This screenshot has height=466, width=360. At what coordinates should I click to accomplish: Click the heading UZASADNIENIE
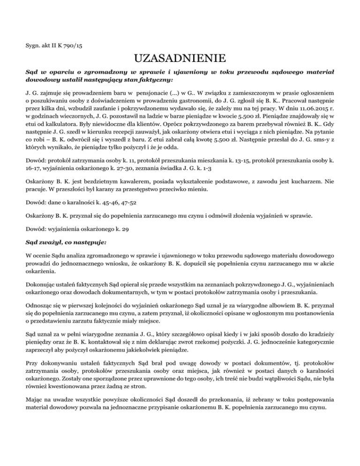180,59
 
